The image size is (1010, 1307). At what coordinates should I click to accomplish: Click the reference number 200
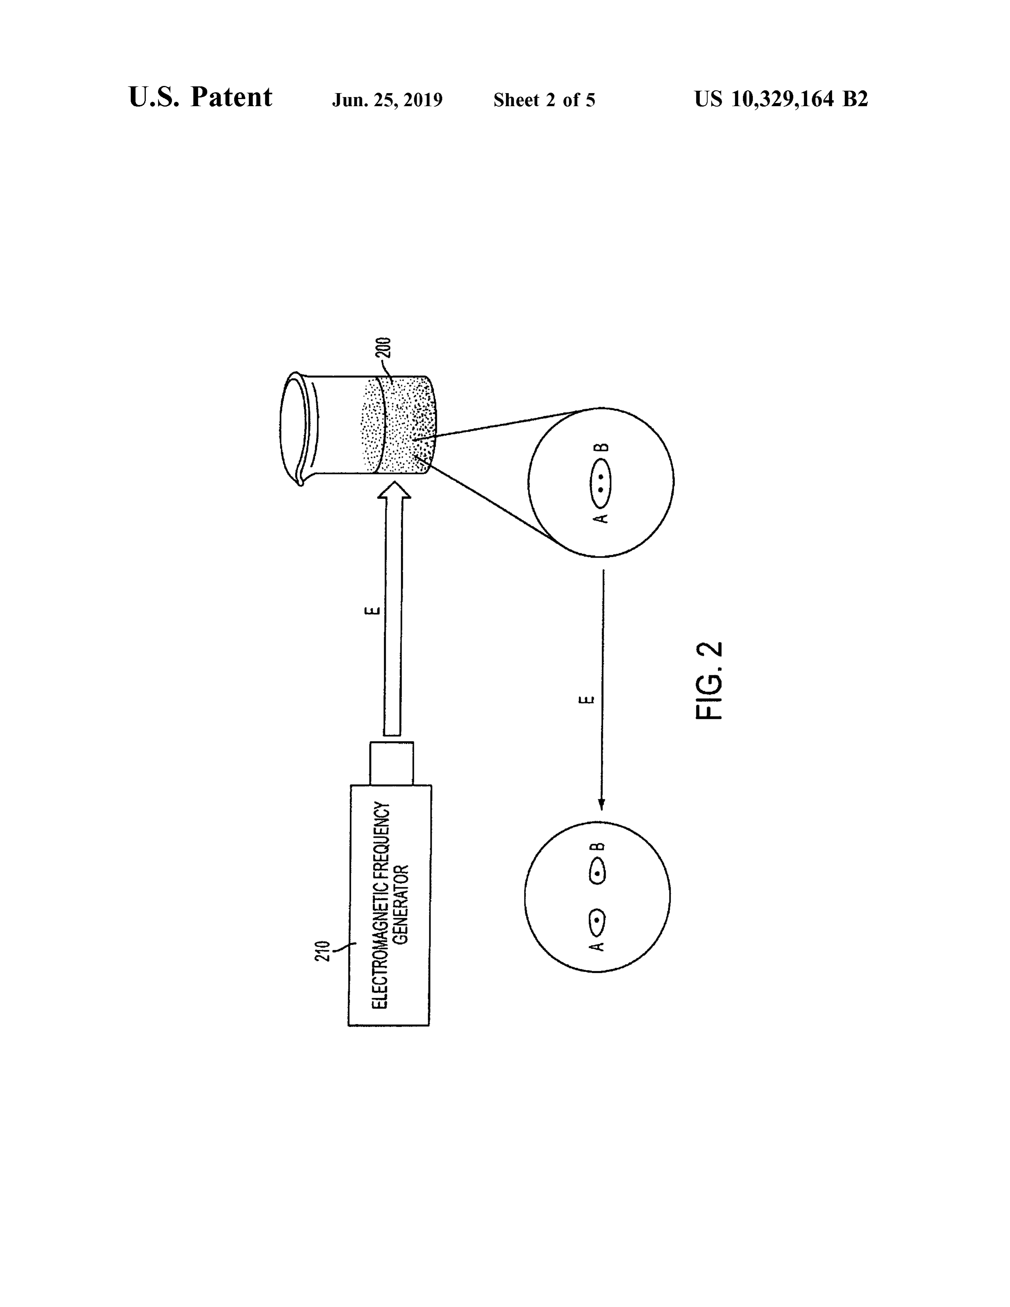(383, 348)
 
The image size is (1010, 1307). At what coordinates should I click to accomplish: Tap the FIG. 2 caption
(710, 681)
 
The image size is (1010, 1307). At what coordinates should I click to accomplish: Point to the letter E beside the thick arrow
(372, 610)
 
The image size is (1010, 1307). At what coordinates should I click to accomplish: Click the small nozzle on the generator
(391, 763)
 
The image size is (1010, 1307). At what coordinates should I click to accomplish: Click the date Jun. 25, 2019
(387, 100)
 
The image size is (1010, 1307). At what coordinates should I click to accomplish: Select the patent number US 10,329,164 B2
(781, 99)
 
